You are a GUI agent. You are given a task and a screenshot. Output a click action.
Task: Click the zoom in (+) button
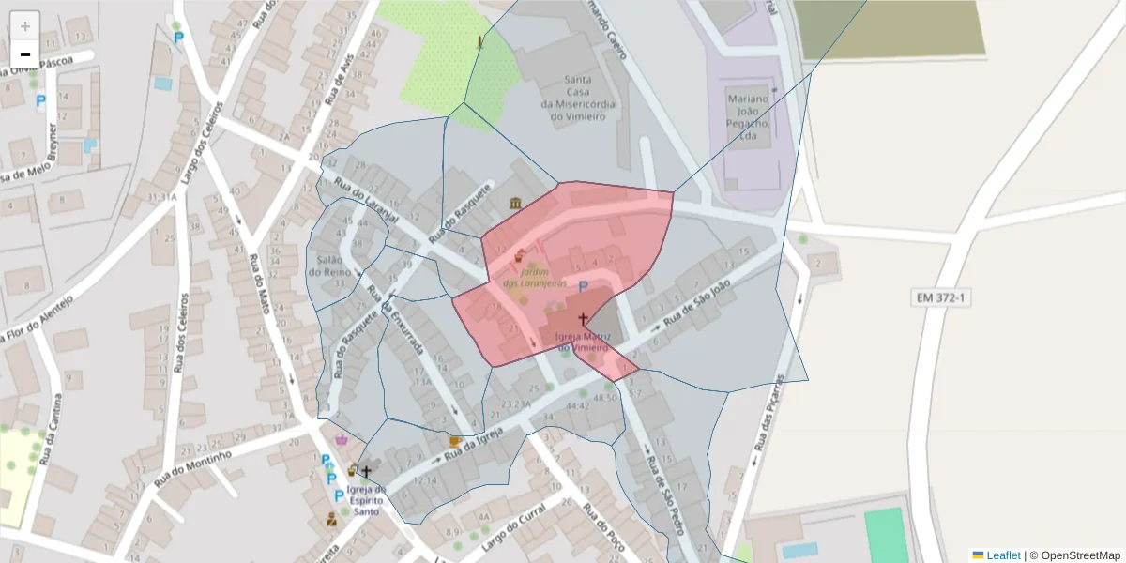[25, 25]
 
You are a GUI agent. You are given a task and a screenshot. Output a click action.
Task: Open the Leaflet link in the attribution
[1003, 555]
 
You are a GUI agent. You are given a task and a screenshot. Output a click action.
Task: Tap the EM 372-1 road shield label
[941, 297]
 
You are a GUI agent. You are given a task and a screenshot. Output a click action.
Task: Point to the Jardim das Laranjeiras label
[534, 277]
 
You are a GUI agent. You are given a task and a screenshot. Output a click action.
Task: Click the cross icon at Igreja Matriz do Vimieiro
[583, 319]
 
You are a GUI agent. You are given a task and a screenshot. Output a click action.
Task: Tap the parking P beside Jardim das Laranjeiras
[583, 287]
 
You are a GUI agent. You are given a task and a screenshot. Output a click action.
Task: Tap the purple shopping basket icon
[341, 438]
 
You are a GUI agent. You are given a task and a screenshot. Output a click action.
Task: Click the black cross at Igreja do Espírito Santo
[366, 472]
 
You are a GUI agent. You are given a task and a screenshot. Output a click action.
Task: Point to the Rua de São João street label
[696, 308]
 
